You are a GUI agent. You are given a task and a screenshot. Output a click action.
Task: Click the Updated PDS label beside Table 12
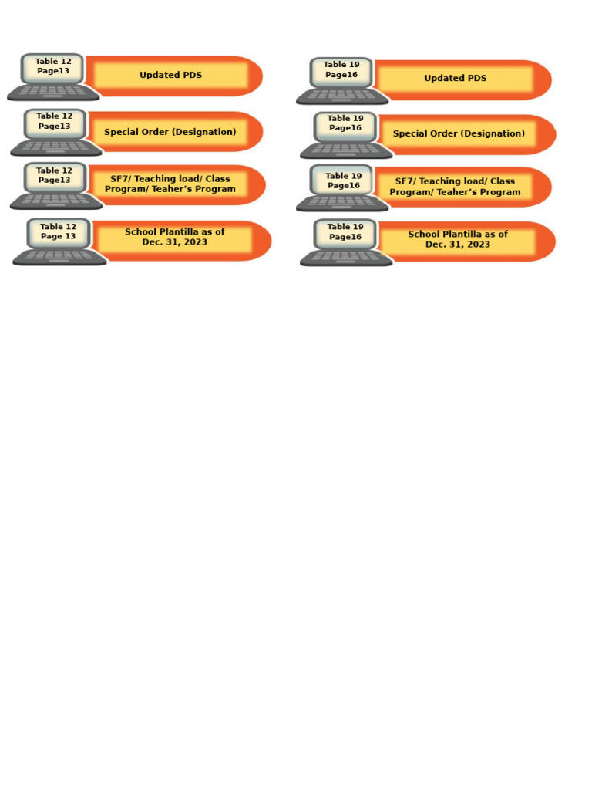[170, 76]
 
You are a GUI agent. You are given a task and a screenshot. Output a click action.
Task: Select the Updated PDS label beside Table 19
[455, 79]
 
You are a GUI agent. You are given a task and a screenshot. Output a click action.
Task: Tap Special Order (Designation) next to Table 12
[170, 132]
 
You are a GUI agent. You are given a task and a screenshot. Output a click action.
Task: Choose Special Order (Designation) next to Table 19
[459, 133]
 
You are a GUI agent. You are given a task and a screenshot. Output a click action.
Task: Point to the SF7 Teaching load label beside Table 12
[170, 184]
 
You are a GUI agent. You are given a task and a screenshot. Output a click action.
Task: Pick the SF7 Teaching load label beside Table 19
[455, 187]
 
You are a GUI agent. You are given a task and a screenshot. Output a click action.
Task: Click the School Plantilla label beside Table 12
[174, 237]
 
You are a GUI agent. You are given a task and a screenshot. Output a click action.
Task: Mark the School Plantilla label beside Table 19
[458, 239]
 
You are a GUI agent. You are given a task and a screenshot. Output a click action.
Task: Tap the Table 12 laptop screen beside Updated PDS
[53, 66]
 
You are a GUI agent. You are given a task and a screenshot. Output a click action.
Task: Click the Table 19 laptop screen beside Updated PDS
[341, 70]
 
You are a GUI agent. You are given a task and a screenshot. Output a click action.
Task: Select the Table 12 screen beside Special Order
[54, 122]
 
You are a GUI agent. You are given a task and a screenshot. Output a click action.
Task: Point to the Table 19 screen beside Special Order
[345, 123]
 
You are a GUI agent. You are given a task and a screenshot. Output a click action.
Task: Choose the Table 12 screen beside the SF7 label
[54, 176]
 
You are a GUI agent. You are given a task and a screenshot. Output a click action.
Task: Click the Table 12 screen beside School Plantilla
[58, 231]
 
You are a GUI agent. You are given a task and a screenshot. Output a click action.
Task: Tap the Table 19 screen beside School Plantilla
[345, 232]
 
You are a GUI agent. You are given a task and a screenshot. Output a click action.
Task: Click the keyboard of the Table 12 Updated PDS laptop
[53, 92]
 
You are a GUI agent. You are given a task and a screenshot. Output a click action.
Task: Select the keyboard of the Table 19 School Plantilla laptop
[346, 256]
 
